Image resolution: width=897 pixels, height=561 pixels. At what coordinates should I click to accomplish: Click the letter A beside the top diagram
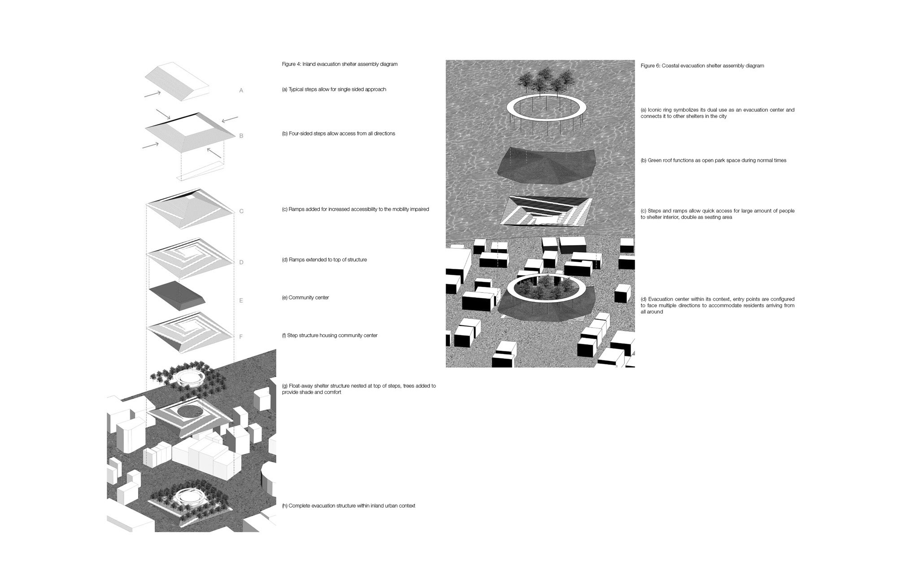tap(241, 91)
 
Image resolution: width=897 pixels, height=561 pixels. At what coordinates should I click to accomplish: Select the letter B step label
tap(241, 136)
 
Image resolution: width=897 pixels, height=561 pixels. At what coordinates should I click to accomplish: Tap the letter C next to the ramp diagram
tap(241, 211)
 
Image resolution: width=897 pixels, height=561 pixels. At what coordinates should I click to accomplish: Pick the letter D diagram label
tap(241, 263)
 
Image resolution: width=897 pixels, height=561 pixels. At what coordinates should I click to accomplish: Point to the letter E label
tap(241, 301)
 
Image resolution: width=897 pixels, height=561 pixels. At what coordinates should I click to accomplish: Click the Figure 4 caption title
tap(340, 64)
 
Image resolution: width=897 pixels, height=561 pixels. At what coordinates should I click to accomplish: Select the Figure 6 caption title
tap(702, 66)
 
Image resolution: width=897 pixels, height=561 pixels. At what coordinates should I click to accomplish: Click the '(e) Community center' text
tap(305, 298)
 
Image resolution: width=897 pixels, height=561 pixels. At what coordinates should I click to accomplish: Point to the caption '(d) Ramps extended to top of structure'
tap(324, 260)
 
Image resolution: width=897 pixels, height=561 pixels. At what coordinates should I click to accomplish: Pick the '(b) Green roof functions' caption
tap(713, 161)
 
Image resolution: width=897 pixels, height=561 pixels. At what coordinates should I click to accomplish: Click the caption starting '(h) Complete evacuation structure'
tap(348, 506)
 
